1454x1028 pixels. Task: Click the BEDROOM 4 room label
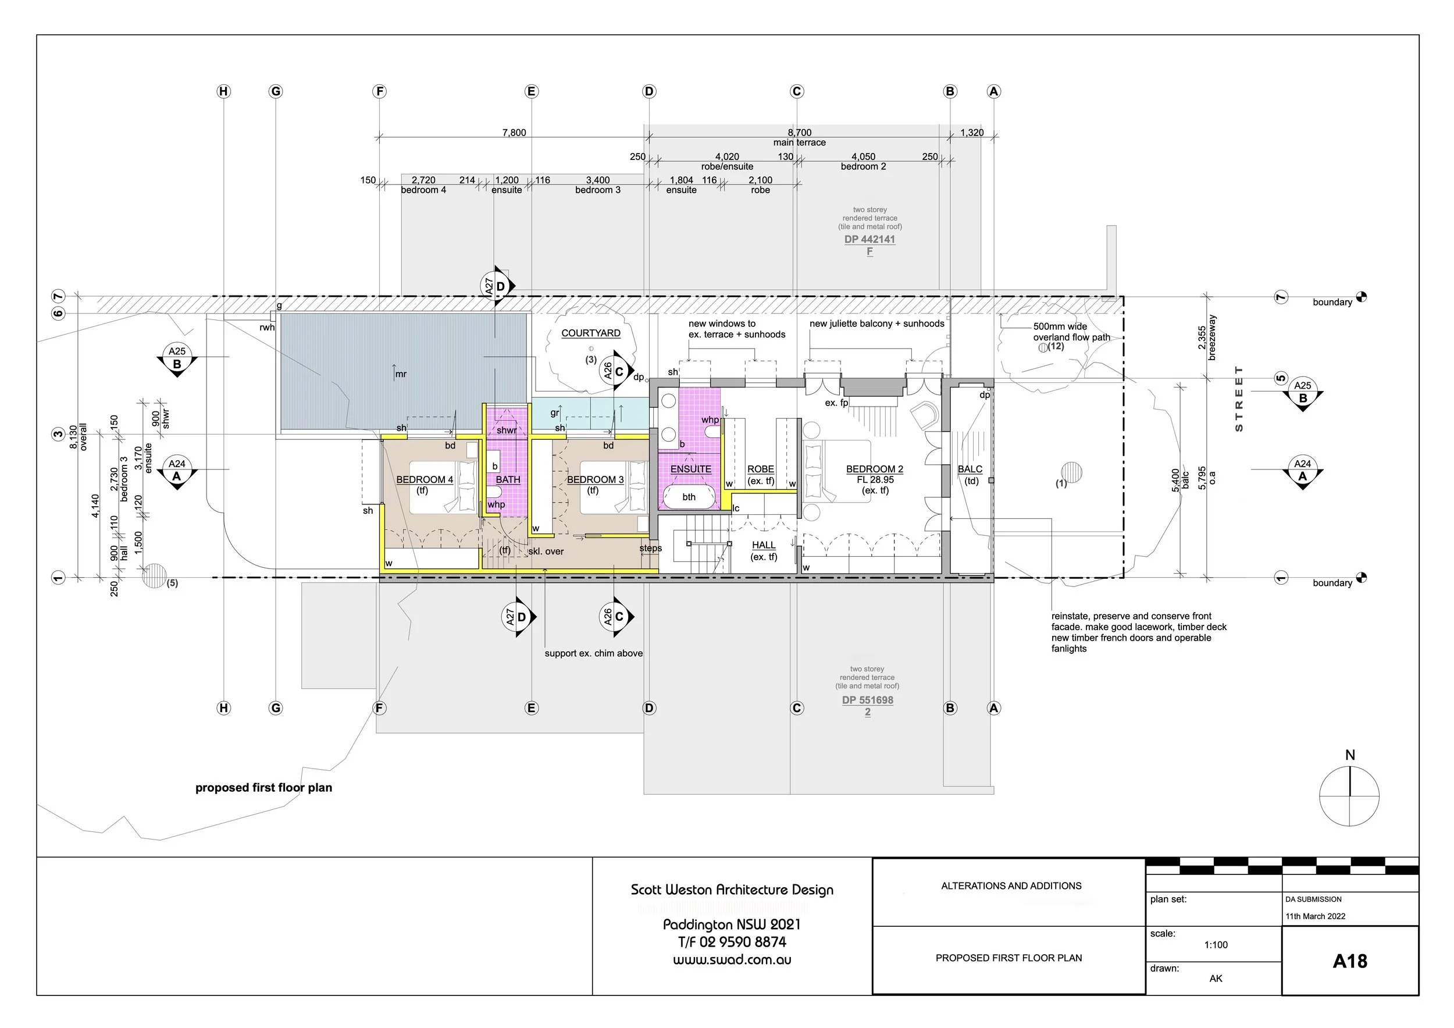(425, 479)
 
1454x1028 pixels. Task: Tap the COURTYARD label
(590, 333)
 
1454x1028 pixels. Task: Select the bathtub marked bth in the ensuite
(689, 497)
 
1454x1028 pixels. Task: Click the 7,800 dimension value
(514, 133)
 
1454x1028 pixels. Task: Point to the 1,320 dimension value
(971, 133)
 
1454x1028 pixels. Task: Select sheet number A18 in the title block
(1349, 961)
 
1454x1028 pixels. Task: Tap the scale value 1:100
(1216, 944)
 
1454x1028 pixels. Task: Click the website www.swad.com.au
(732, 959)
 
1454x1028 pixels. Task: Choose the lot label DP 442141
(869, 240)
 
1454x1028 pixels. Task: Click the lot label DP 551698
(867, 700)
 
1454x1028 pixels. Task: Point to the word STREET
(1239, 399)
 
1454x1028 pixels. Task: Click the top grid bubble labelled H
(223, 91)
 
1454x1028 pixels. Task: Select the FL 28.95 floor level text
(875, 479)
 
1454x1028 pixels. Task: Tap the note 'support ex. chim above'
(593, 653)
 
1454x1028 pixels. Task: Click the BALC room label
(970, 469)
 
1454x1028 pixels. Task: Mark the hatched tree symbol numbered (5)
(154, 576)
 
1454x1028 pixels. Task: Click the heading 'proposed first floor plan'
(263, 787)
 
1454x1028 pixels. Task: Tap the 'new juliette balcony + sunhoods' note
(876, 323)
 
